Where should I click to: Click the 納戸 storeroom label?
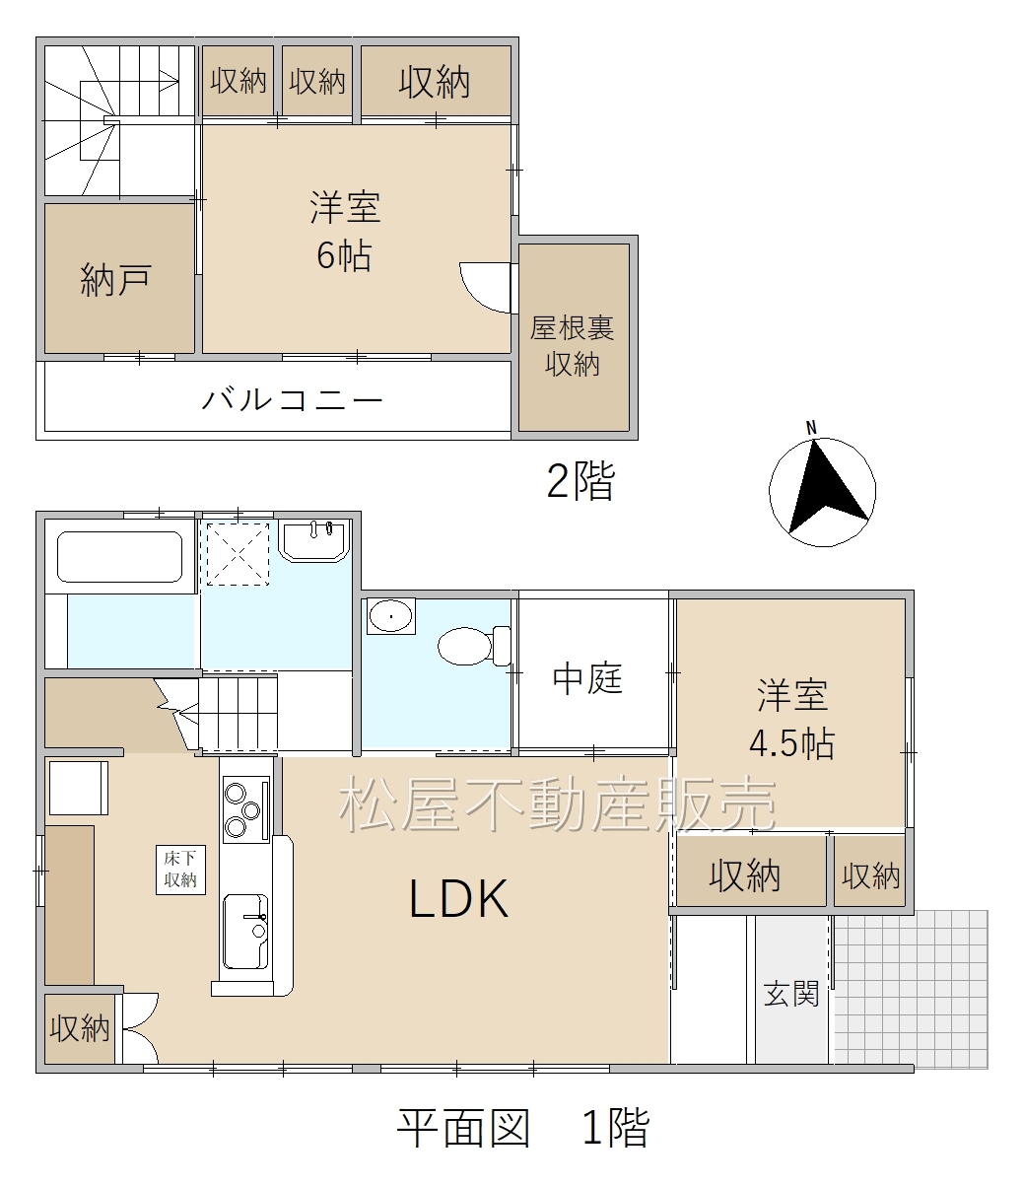(116, 280)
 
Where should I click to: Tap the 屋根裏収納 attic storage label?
(573, 346)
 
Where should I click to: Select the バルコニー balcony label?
(292, 399)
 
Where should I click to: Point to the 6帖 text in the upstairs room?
(344, 255)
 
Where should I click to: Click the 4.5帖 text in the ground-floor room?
(791, 743)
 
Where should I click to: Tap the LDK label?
(458, 899)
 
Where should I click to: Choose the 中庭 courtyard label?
(587, 678)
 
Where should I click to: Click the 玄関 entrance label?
(791, 994)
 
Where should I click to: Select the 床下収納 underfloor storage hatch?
(180, 870)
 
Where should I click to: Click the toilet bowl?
(474, 646)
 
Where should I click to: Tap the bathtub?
(120, 556)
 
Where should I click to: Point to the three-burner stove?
(246, 809)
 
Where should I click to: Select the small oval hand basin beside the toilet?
(391, 616)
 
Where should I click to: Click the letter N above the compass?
(811, 428)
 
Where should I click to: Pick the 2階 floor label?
(580, 481)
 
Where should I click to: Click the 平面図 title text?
(463, 1128)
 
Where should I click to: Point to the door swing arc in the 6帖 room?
(478, 295)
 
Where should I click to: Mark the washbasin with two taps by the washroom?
(314, 540)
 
